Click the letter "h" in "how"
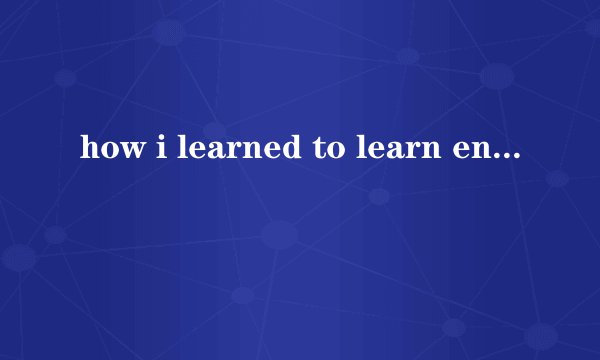coord(85,151)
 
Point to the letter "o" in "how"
coord(102,153)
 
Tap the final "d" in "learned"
coord(249,151)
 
